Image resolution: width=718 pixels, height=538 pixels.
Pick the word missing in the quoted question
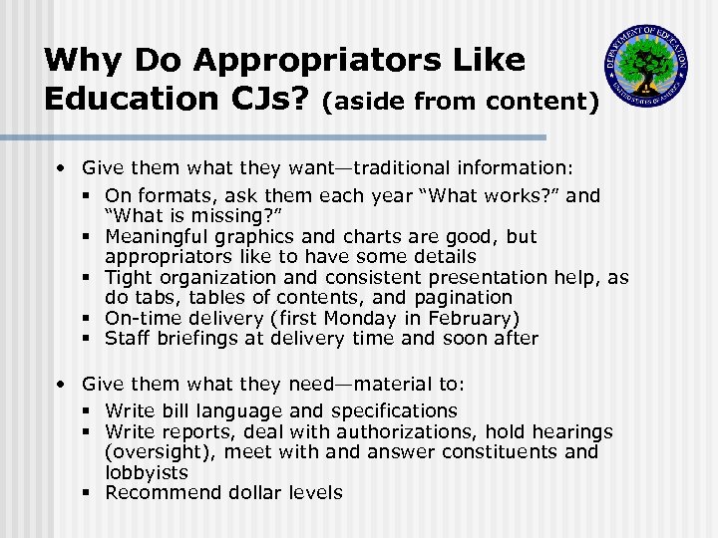(228, 215)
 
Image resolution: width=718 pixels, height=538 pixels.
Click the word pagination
(463, 297)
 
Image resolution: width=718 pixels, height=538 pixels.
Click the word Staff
(129, 338)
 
